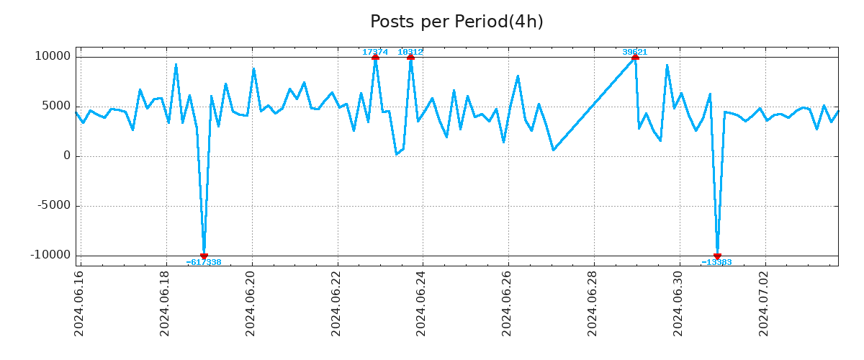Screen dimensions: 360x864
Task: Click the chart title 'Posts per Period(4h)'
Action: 456,22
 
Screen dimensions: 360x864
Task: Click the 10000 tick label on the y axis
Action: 53,57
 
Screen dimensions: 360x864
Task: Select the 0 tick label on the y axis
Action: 67,156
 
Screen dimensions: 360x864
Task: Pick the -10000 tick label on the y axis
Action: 50,256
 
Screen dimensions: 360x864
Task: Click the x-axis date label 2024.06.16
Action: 80,303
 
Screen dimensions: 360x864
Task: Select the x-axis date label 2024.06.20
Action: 251,303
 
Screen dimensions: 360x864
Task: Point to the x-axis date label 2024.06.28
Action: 593,303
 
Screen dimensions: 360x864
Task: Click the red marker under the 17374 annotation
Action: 375,57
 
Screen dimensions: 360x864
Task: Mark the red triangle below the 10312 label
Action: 410,57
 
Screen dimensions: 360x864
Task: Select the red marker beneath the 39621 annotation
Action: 635,57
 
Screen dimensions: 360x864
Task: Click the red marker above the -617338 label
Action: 204,256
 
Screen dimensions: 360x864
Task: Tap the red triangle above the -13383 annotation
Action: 717,256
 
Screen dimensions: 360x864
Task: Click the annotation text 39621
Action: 635,52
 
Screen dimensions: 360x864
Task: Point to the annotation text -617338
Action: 204,262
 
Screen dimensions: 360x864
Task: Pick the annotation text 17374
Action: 375,52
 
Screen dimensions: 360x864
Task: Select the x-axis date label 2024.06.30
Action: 679,303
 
